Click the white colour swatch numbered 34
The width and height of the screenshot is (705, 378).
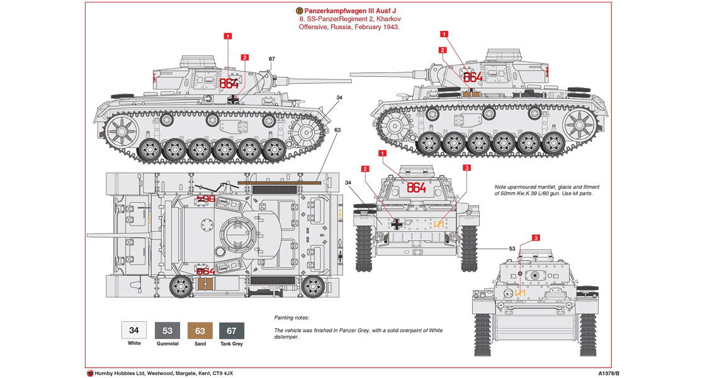134,330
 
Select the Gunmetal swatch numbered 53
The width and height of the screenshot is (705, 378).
167,330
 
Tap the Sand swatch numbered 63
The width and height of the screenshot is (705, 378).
200,330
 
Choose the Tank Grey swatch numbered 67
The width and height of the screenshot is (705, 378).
232,330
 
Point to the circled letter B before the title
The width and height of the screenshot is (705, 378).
298,11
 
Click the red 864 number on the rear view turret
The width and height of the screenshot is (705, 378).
416,188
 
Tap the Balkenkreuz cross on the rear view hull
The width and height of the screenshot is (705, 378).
397,222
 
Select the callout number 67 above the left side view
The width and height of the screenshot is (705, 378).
272,59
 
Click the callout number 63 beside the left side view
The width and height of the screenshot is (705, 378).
338,130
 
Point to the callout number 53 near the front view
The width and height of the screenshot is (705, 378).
512,249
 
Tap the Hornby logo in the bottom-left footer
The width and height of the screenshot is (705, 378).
90,373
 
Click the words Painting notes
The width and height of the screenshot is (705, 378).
292,318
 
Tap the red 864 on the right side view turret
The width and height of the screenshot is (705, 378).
472,77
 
